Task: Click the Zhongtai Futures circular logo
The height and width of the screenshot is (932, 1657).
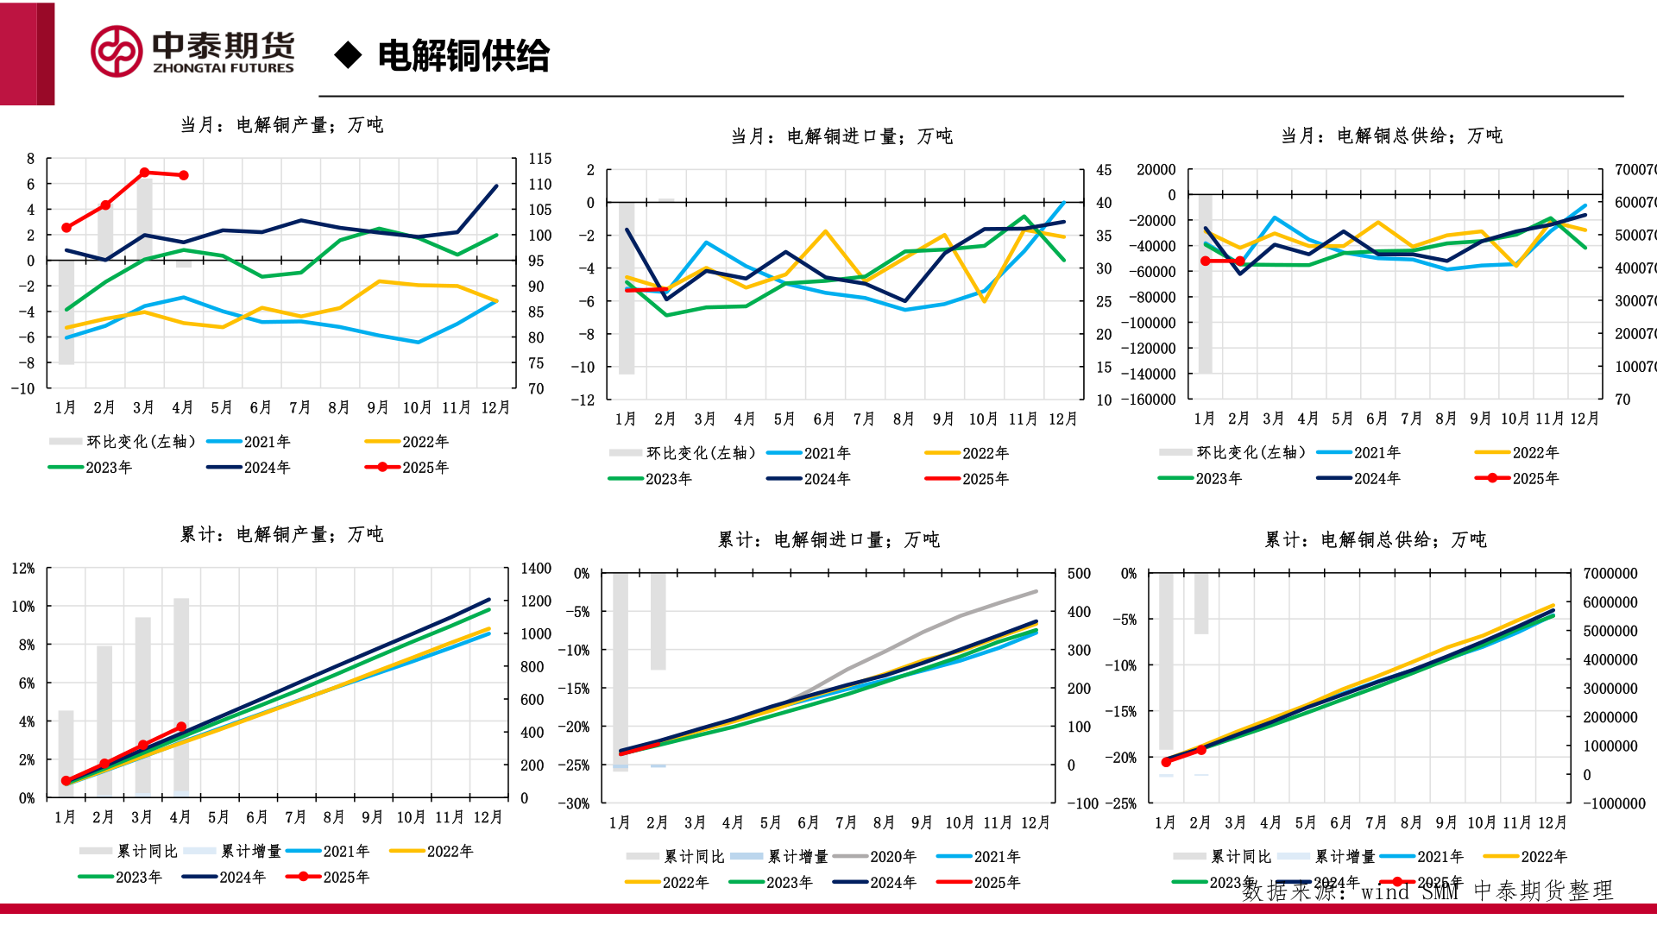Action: tap(117, 52)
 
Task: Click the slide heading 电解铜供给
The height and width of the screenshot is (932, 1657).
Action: tap(463, 56)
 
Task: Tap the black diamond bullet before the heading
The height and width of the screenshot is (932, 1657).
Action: tap(348, 55)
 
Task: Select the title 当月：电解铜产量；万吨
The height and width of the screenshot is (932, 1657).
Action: tap(281, 125)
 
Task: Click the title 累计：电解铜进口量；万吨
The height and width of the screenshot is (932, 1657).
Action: tap(828, 540)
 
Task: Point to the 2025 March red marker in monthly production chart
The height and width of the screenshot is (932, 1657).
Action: tap(144, 173)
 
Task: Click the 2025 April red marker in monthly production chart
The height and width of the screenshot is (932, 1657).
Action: tap(183, 175)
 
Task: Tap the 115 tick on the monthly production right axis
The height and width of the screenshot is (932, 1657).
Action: tap(540, 159)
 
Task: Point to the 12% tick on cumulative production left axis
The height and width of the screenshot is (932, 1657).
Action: tap(23, 569)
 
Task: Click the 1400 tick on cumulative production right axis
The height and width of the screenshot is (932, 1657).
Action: tap(536, 569)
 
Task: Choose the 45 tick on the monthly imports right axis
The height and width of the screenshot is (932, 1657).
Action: tap(1104, 171)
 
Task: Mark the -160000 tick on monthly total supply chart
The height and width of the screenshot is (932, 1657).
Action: tap(1148, 400)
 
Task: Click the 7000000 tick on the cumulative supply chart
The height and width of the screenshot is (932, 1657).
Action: tap(1610, 574)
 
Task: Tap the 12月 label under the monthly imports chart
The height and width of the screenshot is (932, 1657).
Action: tap(1062, 419)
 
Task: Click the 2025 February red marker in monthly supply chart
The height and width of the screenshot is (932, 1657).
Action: tap(1240, 261)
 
